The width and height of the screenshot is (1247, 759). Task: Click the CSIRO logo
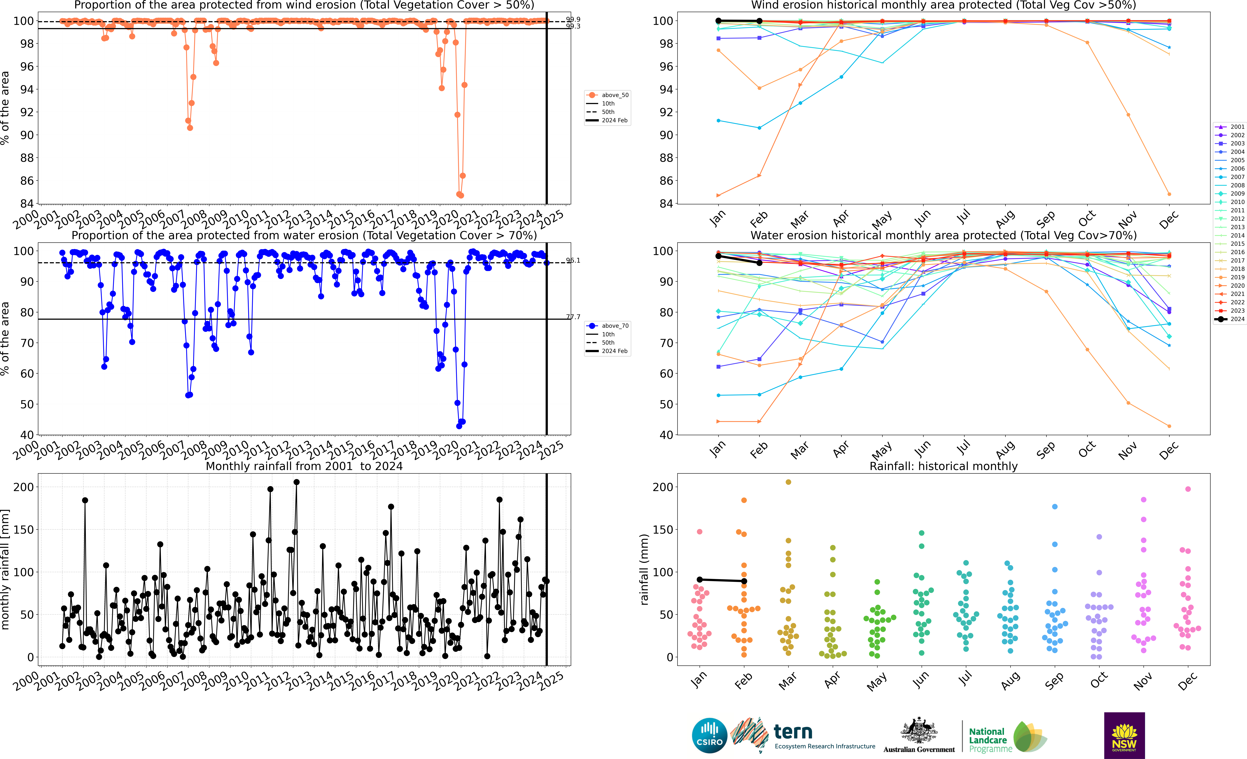(x=709, y=735)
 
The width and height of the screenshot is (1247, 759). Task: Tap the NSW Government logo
(x=1124, y=735)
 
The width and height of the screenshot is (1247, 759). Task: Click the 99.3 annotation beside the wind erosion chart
(x=573, y=26)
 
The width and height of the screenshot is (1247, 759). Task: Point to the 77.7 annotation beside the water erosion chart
(x=573, y=317)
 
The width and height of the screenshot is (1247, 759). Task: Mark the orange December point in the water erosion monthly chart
(x=1169, y=426)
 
